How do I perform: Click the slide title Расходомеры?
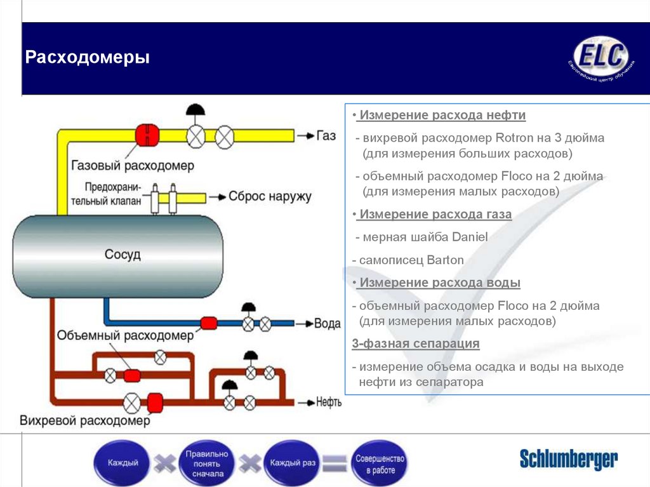[88, 58]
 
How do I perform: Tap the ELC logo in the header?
[600, 57]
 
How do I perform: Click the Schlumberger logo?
[568, 459]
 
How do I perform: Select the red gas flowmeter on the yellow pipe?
[147, 135]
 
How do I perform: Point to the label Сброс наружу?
[270, 196]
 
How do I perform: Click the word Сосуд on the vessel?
[123, 255]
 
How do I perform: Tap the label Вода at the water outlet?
[328, 323]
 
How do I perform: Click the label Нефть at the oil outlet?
[329, 402]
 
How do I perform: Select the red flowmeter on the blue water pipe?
[209, 323]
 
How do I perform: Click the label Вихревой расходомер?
[85, 421]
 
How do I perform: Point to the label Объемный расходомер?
[124, 335]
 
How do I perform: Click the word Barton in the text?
[445, 260]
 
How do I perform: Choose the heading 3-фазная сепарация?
[416, 344]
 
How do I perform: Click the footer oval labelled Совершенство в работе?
[380, 464]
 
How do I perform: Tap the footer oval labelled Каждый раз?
[293, 464]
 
